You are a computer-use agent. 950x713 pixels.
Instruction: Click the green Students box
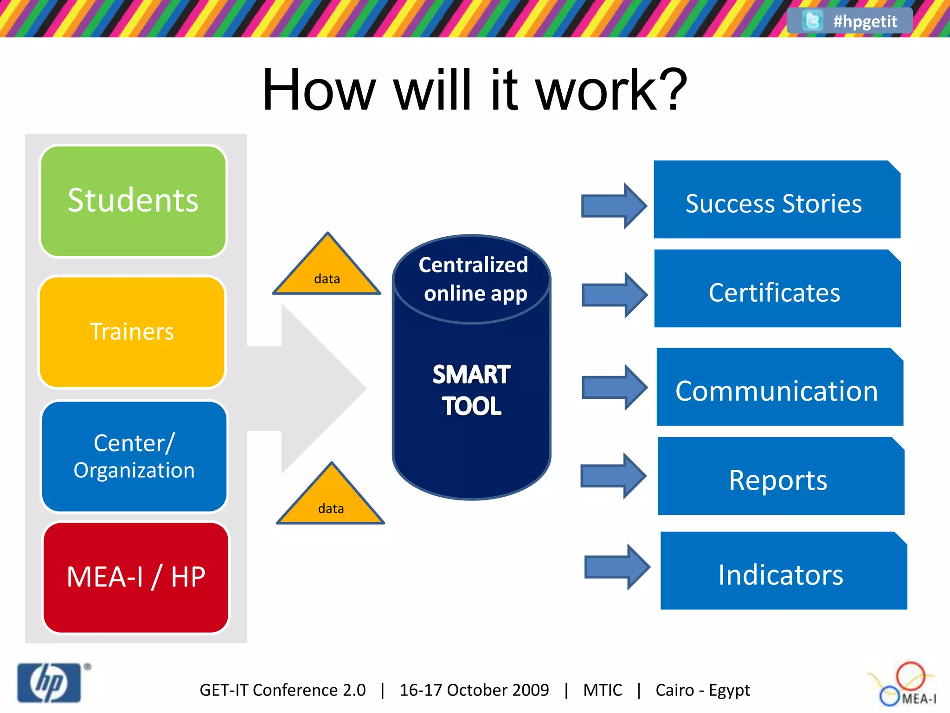tap(133, 201)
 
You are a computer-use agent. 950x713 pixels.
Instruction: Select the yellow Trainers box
tap(132, 332)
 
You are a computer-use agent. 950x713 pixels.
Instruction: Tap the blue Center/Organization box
tap(135, 457)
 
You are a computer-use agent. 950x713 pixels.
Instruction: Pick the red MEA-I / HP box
tap(136, 577)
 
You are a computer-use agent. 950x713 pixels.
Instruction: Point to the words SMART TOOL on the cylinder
tap(471, 390)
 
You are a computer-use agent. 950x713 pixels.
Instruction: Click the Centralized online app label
tap(473, 279)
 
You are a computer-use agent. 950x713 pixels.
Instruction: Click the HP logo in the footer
tap(49, 682)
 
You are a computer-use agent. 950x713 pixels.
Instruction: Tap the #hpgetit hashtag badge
tap(850, 21)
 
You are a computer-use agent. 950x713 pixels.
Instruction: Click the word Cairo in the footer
tap(674, 690)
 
